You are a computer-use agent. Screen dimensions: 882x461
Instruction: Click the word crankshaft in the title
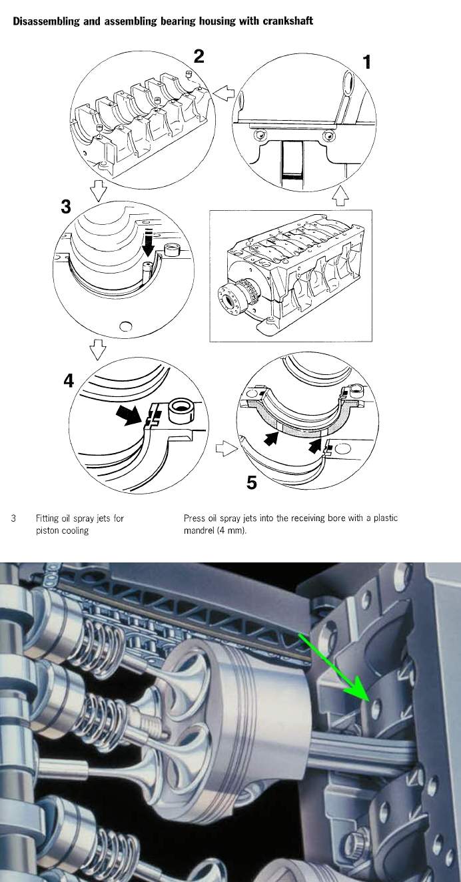click(x=285, y=21)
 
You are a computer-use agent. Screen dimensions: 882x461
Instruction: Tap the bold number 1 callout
click(x=366, y=62)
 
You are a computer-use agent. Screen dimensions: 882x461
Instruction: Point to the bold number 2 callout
click(x=198, y=56)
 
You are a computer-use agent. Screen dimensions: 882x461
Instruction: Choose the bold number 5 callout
click(x=251, y=481)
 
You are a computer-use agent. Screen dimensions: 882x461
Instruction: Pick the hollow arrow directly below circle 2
click(x=97, y=193)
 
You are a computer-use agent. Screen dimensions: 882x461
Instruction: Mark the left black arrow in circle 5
click(x=269, y=439)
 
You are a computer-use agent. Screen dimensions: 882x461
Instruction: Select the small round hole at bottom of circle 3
click(x=125, y=326)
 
